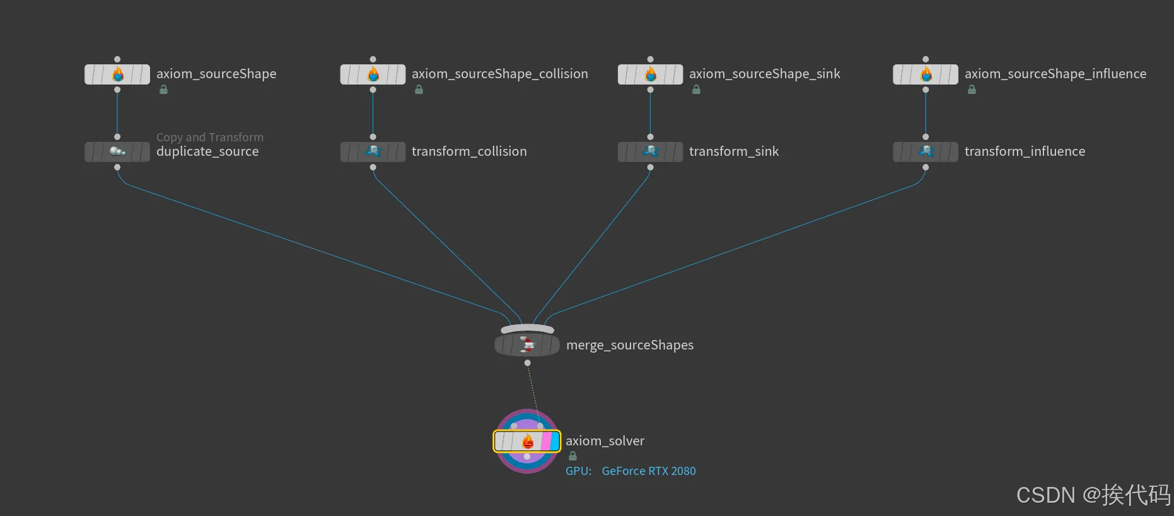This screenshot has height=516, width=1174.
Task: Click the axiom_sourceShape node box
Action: (117, 74)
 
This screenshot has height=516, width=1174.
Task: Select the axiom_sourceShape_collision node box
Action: (373, 74)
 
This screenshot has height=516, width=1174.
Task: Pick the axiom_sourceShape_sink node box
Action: (650, 74)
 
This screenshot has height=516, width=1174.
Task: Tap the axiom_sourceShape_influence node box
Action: (925, 74)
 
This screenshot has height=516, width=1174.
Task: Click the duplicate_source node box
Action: (117, 152)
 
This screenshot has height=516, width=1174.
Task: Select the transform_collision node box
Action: (373, 152)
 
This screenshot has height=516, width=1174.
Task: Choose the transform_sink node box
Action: (650, 152)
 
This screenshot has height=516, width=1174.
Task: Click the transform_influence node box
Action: (925, 152)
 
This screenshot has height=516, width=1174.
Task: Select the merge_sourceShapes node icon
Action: (527, 344)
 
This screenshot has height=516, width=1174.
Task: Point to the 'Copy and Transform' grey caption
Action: (210, 137)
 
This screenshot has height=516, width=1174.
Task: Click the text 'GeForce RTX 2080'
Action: (649, 471)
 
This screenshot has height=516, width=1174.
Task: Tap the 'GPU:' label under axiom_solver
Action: (578, 471)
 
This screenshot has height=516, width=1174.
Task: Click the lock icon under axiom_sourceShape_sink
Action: (696, 90)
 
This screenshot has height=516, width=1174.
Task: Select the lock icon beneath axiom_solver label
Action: (572, 456)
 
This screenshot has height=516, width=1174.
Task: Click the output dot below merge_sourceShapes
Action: (527, 363)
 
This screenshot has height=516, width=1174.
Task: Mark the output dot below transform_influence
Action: (925, 168)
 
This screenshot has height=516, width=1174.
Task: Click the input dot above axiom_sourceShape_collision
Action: (373, 59)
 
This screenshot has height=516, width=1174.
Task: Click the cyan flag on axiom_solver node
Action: (555, 442)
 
